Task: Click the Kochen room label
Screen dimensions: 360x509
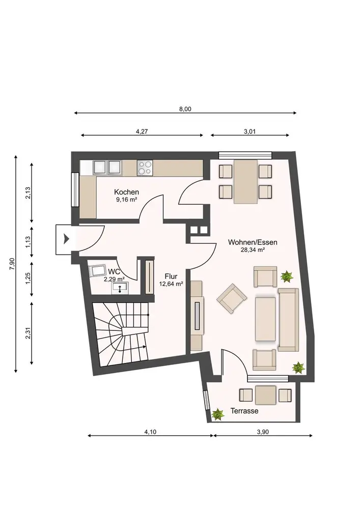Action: coord(126,192)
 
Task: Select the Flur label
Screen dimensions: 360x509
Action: coord(171,276)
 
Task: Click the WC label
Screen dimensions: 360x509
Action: coord(114,271)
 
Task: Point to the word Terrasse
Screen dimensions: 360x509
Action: coord(244,411)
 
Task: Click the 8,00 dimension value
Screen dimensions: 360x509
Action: coord(185,109)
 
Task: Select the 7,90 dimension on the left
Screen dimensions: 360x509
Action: coord(12,264)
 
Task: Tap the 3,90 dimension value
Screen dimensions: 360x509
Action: coord(263,432)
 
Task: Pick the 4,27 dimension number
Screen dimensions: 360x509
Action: coord(142,132)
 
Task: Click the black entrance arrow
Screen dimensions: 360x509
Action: coord(67,239)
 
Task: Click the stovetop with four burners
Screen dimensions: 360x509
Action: coord(145,168)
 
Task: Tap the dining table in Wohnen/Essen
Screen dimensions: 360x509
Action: coord(246,182)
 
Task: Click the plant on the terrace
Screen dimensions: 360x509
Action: coord(217,414)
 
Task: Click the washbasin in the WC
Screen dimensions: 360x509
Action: coord(120,288)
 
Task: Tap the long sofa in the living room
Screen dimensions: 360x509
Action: coord(288,320)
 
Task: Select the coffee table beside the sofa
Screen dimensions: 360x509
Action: coord(265,319)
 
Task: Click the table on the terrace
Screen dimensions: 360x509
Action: coord(265,395)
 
